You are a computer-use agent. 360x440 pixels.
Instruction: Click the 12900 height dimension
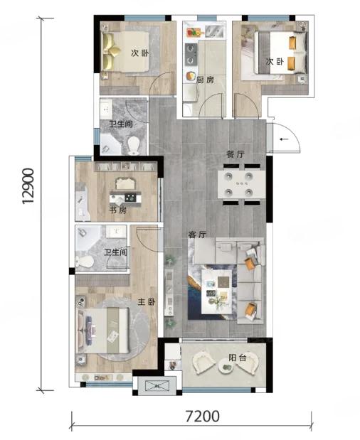click(x=28, y=186)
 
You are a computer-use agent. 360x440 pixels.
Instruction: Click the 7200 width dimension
click(x=203, y=417)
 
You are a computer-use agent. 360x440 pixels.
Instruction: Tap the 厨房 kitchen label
click(x=205, y=80)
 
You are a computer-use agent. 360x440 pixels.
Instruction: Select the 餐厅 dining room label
click(x=235, y=154)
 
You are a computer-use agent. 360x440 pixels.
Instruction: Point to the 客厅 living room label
click(x=197, y=235)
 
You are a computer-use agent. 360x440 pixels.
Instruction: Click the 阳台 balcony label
click(x=238, y=358)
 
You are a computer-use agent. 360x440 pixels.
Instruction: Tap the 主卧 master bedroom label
click(x=147, y=302)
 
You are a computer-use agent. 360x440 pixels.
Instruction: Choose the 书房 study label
click(x=118, y=210)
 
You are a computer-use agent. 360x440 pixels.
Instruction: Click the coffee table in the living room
click(x=217, y=291)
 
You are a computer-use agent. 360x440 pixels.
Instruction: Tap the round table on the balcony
click(x=226, y=366)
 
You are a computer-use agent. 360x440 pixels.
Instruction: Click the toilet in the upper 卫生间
click(x=134, y=146)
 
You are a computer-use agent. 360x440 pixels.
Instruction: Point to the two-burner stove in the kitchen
click(x=191, y=55)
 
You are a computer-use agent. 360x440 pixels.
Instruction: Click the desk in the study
click(x=125, y=198)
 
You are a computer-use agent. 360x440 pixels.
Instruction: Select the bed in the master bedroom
click(x=103, y=331)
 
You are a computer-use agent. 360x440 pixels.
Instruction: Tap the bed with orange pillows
click(x=281, y=53)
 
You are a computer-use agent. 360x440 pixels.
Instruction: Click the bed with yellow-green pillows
click(x=125, y=52)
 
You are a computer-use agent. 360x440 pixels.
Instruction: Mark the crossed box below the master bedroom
click(x=157, y=386)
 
